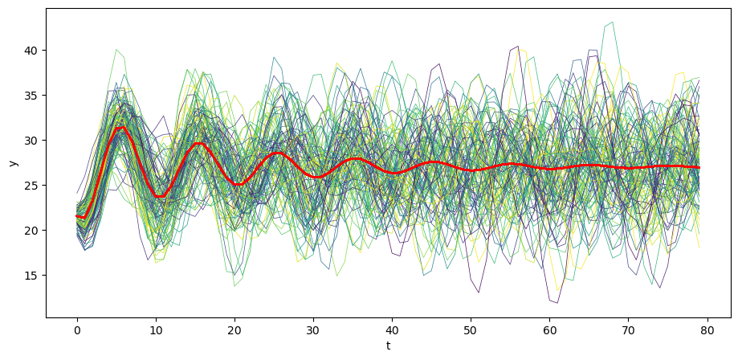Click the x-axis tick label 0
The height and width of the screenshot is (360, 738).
[77, 329]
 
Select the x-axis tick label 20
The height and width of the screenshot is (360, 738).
[234, 329]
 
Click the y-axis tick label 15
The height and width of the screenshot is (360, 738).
[30, 276]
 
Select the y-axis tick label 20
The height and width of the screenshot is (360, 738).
[30, 231]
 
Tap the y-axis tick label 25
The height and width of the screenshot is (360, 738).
[30, 186]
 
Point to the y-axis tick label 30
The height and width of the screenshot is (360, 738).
[30, 141]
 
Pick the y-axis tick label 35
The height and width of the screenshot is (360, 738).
[30, 96]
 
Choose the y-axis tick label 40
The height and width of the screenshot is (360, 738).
[30, 51]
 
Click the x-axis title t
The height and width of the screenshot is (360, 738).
[389, 346]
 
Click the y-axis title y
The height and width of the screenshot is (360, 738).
[13, 163]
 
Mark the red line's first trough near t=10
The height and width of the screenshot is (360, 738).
[160, 196]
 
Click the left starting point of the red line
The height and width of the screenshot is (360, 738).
[77, 216]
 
